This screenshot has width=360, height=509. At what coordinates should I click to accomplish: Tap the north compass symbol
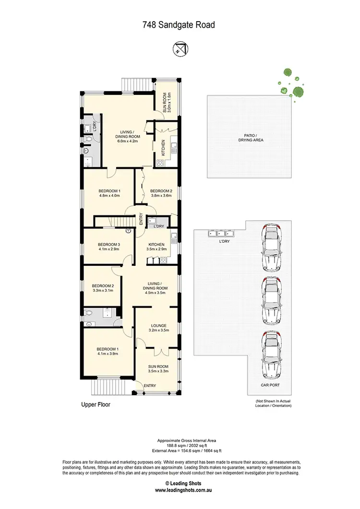pyautogui.click(x=180, y=48)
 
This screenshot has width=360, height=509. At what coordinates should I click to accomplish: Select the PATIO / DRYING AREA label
pyautogui.click(x=251, y=138)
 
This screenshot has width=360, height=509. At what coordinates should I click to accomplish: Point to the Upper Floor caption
pyautogui.click(x=96, y=404)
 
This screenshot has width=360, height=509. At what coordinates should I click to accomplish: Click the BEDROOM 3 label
pyautogui.click(x=108, y=244)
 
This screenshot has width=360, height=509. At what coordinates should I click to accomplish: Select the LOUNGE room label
pyautogui.click(x=158, y=326)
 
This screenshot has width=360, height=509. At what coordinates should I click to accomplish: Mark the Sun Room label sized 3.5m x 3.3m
pyautogui.click(x=158, y=368)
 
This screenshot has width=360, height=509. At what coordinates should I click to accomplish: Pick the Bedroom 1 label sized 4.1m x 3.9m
pyautogui.click(x=108, y=351)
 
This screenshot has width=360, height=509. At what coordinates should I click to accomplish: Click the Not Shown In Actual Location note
pyautogui.click(x=273, y=403)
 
